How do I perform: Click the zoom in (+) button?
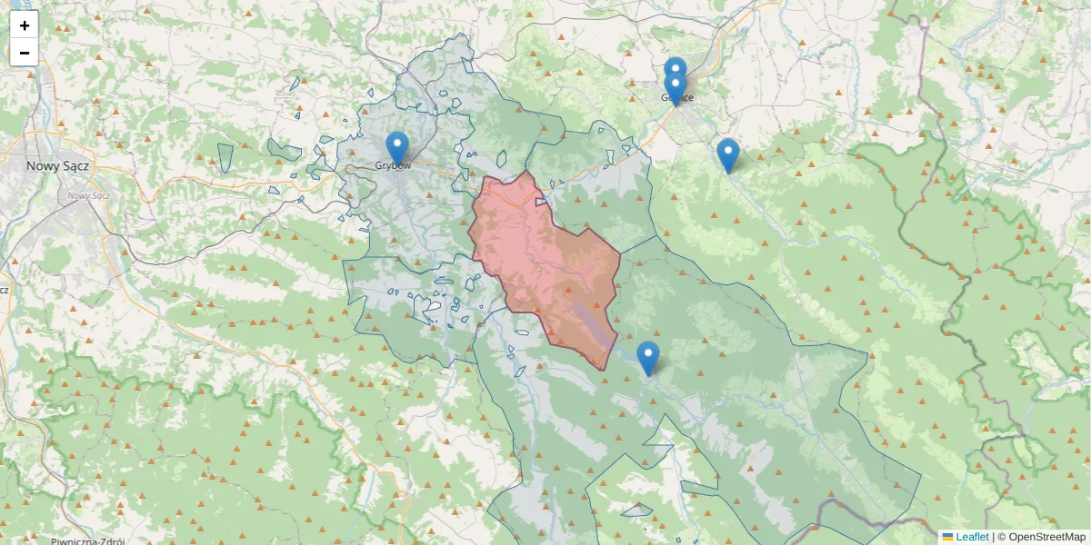(25, 25)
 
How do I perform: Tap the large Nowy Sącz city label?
(56, 166)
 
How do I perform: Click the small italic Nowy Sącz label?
(88, 195)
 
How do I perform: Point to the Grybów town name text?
(394, 166)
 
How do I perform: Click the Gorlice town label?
(678, 98)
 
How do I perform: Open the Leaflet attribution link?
(972, 537)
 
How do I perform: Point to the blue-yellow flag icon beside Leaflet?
(947, 537)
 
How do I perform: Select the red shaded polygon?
(545, 263)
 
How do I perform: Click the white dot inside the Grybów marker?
(397, 143)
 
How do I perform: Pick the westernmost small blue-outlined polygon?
(225, 157)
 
